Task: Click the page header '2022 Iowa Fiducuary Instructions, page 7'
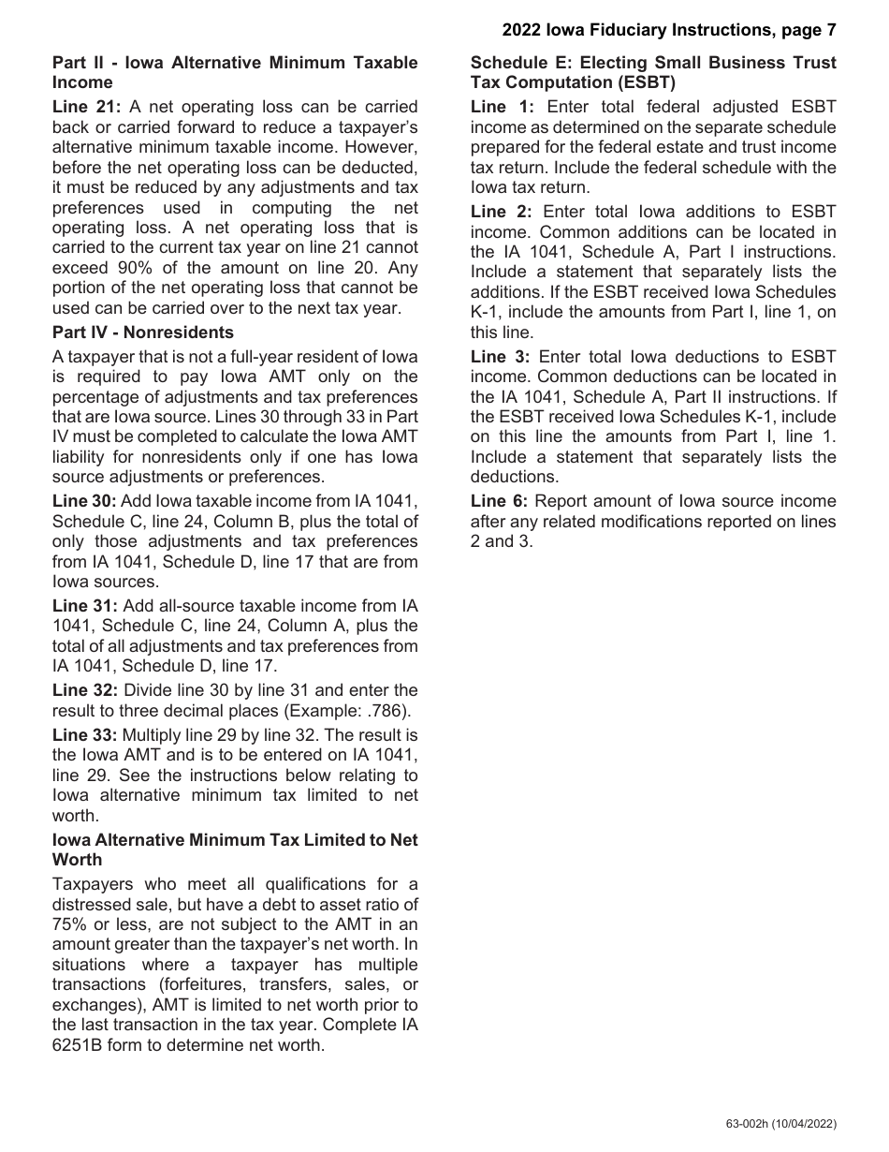(668, 30)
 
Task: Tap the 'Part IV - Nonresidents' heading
(143, 332)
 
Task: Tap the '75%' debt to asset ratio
(70, 924)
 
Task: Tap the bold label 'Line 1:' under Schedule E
(502, 107)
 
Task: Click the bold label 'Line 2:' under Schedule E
(502, 212)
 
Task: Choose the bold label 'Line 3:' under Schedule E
(502, 357)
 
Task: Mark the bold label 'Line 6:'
(502, 501)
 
